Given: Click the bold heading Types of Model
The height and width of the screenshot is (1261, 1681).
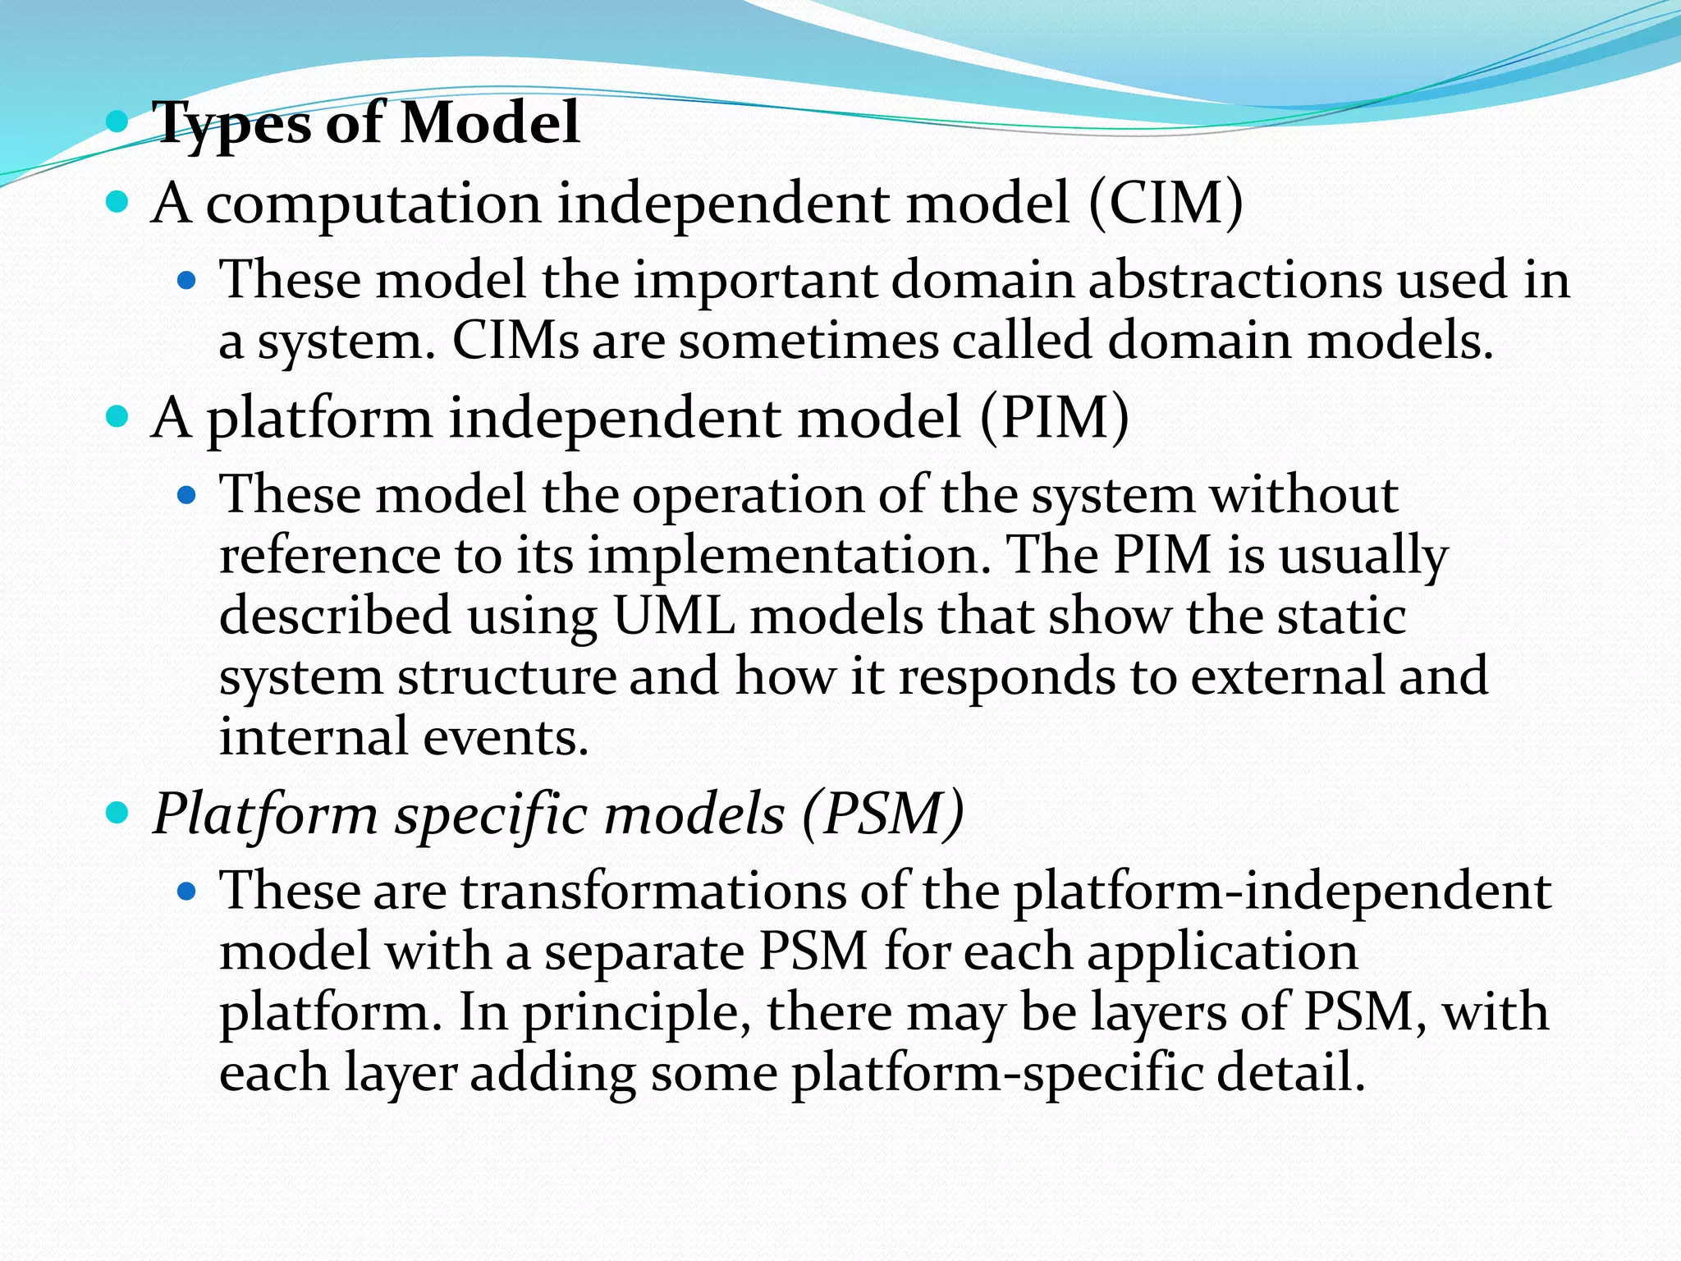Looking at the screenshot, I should tap(366, 123).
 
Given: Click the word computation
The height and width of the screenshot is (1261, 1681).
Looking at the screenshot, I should tap(373, 204).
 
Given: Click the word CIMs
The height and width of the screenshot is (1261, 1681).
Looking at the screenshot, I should tap(515, 340).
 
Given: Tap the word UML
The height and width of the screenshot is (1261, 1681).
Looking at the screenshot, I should tap(674, 615).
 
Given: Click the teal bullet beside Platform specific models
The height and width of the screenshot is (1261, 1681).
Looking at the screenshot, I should tap(118, 814).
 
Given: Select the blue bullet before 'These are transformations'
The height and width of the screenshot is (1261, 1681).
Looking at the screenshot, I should tap(188, 890).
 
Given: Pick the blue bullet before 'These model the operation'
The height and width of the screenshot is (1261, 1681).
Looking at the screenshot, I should tap(188, 495).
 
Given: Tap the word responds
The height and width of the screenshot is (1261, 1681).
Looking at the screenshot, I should tap(1006, 676).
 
